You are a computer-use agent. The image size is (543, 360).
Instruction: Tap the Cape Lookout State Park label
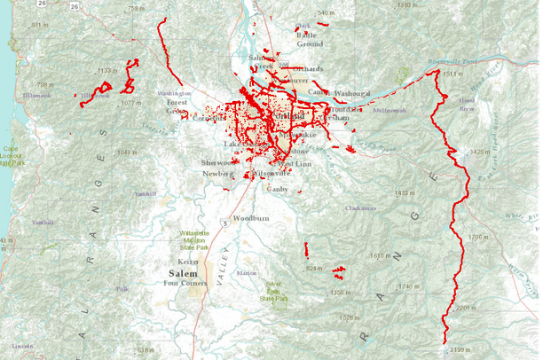11,156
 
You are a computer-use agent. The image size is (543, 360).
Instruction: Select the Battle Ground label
310,38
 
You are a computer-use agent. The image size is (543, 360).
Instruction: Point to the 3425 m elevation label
483,153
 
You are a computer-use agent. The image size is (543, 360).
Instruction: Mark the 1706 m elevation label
480,238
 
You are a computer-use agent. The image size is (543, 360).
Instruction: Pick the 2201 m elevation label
467,308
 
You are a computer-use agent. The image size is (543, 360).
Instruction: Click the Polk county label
122,289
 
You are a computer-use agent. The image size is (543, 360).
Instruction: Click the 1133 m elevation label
107,70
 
